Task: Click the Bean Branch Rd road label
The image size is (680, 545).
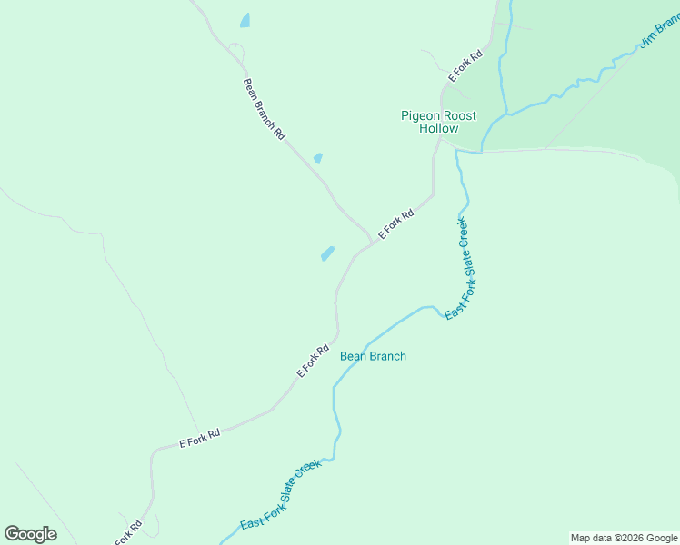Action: coord(264,109)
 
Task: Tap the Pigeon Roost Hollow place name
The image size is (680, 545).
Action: coord(439,122)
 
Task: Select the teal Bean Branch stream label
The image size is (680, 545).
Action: coord(373,356)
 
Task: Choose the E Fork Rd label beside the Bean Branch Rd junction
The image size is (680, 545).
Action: coord(395,224)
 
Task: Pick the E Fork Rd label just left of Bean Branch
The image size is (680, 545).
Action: coord(312,360)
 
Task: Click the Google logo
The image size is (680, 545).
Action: coord(30,533)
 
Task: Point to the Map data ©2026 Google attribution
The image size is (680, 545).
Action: coord(624,538)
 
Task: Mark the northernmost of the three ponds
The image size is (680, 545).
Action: coord(245,20)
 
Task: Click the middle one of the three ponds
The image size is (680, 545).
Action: coord(317,158)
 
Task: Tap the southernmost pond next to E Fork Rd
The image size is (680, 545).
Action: coord(327,253)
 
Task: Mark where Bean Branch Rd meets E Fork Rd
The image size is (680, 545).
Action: coord(373,240)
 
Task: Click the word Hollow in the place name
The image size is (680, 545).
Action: coord(439,128)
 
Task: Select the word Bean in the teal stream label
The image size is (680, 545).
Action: coord(353,356)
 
